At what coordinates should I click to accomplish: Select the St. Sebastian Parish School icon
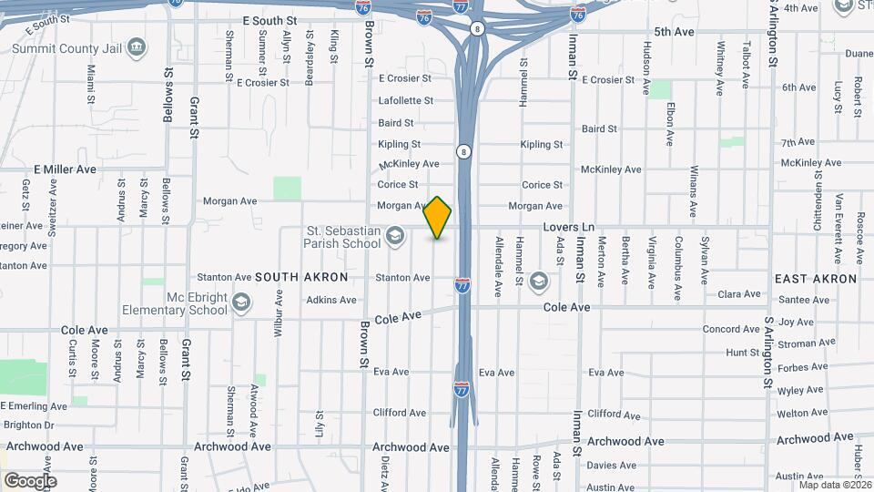click(x=394, y=237)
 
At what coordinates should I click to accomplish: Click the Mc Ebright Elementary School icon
click(x=240, y=302)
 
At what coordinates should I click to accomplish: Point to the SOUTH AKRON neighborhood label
click(x=300, y=276)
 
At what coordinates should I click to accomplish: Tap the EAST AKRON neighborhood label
click(x=816, y=279)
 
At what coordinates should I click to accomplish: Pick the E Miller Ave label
click(x=65, y=169)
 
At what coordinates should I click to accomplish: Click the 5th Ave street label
click(x=674, y=32)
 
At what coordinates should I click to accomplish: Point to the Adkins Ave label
click(x=331, y=300)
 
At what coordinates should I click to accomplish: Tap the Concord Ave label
click(x=731, y=329)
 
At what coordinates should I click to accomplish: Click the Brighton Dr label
click(x=29, y=425)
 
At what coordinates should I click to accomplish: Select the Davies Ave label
click(x=612, y=465)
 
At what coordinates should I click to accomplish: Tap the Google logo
click(x=30, y=480)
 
